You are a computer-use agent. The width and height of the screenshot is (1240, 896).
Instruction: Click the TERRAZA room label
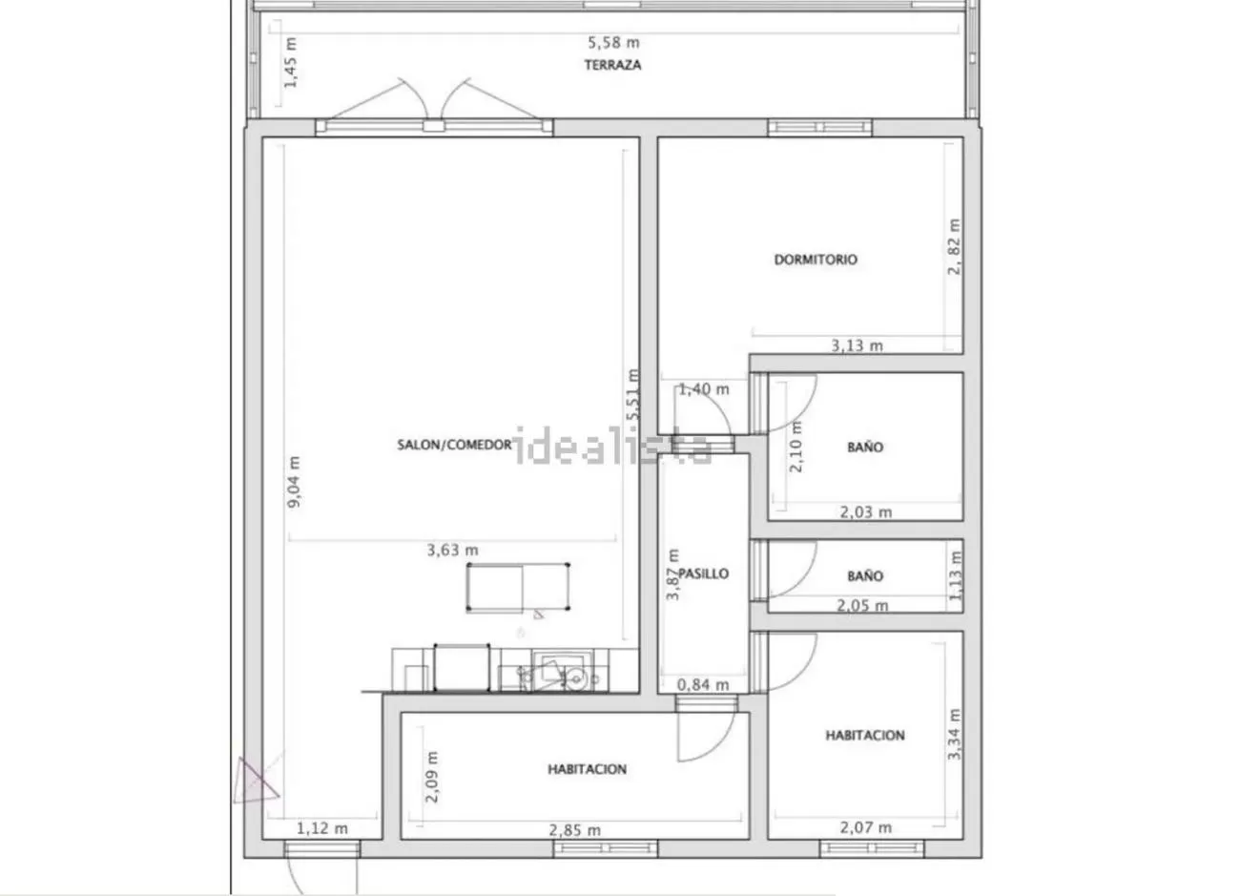[612, 65]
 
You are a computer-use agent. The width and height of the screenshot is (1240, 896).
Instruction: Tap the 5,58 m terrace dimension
[613, 43]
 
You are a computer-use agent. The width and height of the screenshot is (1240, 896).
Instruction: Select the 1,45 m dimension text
[290, 62]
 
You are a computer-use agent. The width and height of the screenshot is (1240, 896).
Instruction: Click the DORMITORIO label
[816, 260]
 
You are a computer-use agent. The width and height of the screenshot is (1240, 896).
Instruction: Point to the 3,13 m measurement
[857, 345]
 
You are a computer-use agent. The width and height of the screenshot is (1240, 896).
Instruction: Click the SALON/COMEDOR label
[454, 445]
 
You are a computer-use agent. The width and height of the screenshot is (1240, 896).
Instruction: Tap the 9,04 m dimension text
[294, 482]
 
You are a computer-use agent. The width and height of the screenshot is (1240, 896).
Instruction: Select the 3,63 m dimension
[452, 550]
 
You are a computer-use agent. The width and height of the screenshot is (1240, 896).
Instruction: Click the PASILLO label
[704, 573]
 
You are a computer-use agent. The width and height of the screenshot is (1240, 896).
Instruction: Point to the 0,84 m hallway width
[703, 685]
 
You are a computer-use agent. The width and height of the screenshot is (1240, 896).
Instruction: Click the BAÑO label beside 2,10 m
[865, 447]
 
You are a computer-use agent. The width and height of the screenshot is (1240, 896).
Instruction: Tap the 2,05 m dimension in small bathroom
[862, 605]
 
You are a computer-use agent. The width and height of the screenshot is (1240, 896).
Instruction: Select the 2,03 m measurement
[866, 512]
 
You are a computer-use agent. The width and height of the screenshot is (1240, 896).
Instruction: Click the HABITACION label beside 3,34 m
[865, 736]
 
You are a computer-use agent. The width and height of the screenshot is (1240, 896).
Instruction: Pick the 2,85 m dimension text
[574, 830]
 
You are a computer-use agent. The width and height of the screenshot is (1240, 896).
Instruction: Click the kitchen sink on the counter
[563, 671]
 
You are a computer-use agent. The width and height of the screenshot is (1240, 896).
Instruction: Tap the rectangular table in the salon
[518, 587]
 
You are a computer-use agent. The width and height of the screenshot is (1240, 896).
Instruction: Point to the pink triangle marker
[254, 781]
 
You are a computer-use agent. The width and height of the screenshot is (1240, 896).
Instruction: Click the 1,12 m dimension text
[322, 828]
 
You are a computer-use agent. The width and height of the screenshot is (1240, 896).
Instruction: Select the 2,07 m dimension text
[866, 827]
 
